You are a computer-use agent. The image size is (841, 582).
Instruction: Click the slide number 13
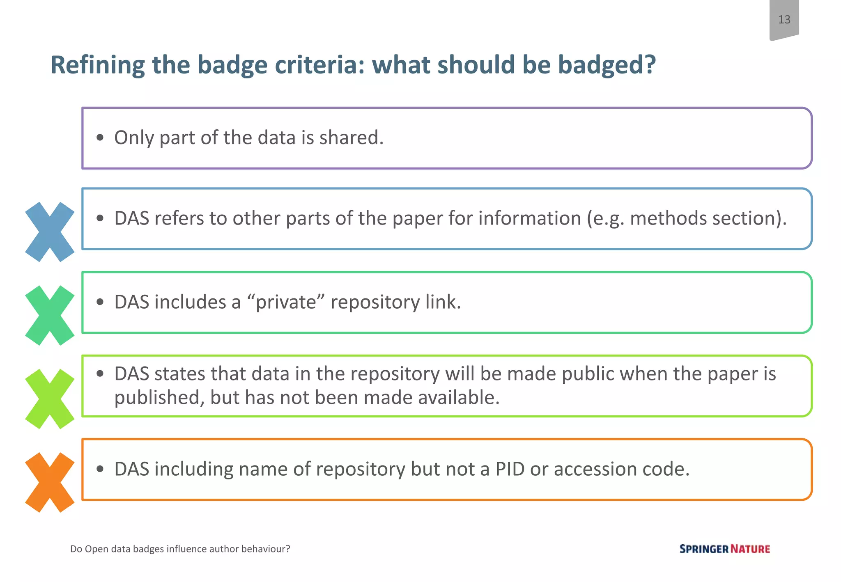[784, 19]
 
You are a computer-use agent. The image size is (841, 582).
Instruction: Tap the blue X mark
[50, 232]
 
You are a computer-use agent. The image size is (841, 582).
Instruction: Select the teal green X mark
[50, 315]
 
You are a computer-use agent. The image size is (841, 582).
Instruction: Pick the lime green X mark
[50, 399]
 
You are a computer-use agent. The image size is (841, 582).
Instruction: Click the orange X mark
[50, 482]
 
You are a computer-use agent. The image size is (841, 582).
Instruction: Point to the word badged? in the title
[607, 66]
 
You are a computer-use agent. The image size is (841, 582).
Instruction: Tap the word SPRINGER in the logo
[704, 549]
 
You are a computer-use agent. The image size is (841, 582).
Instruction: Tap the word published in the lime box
[159, 398]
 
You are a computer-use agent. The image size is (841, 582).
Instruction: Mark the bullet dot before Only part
[100, 138]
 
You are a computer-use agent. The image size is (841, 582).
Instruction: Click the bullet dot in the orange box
[100, 469]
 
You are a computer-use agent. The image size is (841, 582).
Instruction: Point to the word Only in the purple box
[134, 138]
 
